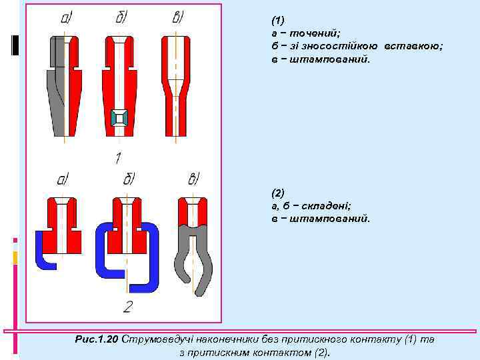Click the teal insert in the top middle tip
pos(118,119)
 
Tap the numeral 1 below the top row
pos(118,158)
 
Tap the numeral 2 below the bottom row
pos(127,307)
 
